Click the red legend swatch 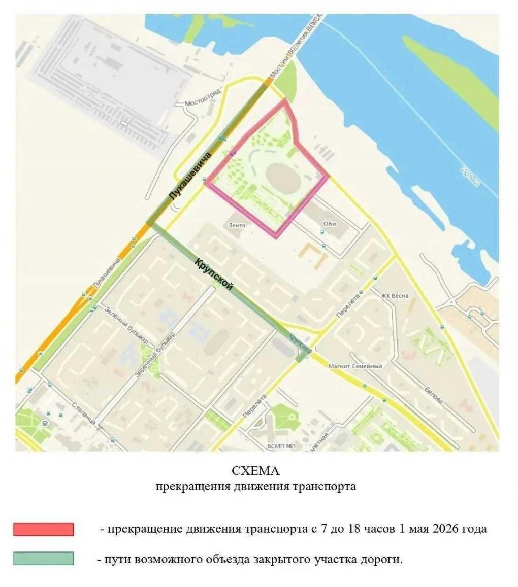pyautogui.click(x=44, y=529)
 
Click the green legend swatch pyautogui.click(x=44, y=559)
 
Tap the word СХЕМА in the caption pyautogui.click(x=255, y=470)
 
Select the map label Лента pyautogui.click(x=237, y=225)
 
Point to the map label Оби pyautogui.click(x=330, y=224)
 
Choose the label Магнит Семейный pyautogui.click(x=355, y=366)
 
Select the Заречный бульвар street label pyautogui.click(x=154, y=355)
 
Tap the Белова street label pyautogui.click(x=434, y=394)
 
